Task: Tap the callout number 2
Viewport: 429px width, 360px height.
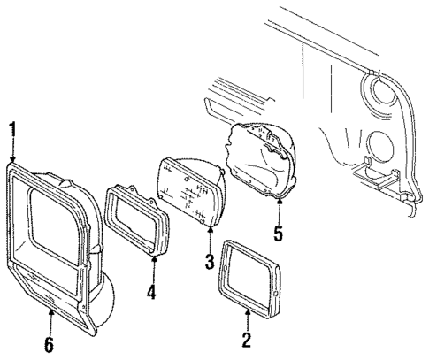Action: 247,338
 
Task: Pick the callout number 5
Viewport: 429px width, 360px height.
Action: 278,235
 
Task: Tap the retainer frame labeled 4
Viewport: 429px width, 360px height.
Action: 135,221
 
